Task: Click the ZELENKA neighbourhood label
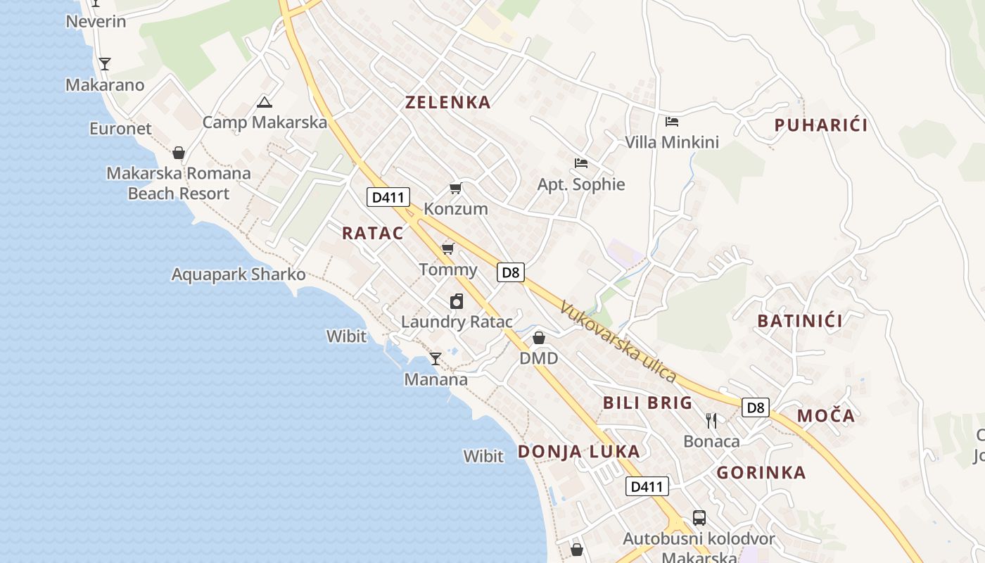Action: pos(448,103)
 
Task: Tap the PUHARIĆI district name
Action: pos(821,126)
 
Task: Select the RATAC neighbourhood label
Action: pos(373,234)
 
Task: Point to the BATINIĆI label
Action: pos(800,322)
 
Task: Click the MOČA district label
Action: pos(826,416)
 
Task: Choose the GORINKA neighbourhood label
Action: pos(761,473)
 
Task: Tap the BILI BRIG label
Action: pos(648,403)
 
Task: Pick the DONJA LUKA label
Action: pos(579,452)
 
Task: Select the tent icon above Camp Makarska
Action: pos(265,102)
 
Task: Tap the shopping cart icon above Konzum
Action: pos(455,189)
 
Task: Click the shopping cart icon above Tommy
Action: pos(447,248)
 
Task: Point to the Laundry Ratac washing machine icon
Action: pos(457,302)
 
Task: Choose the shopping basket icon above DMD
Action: pos(539,338)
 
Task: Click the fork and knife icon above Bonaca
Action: pos(711,421)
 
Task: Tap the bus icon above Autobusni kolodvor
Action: pos(699,518)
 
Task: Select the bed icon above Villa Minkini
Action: pos(672,122)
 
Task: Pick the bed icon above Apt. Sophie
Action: pos(581,163)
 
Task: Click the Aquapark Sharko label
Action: pos(239,274)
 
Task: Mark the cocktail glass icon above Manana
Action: pos(436,359)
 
